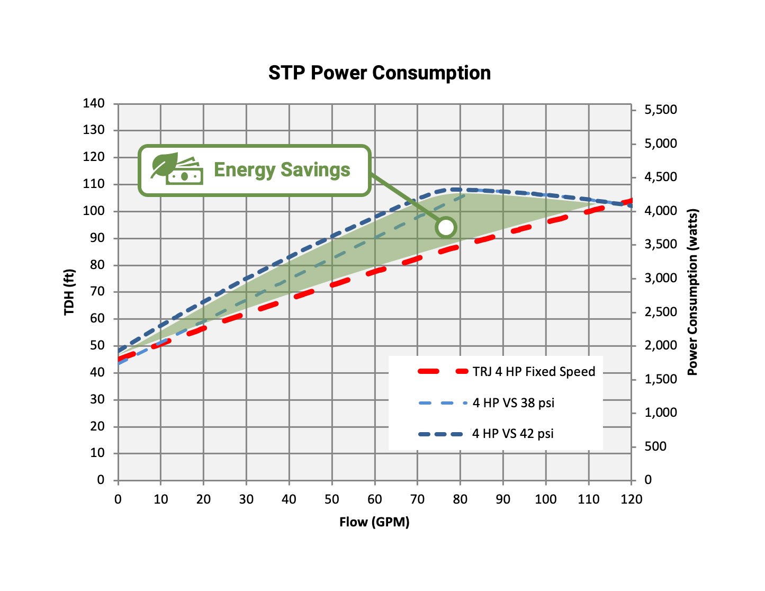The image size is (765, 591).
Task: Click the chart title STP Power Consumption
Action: (379, 73)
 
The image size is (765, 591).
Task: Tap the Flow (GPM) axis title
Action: (374, 522)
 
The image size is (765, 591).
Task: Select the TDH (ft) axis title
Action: (69, 292)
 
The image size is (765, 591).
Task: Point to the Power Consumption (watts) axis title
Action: (692, 292)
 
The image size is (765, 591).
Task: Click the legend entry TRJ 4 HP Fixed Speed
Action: (534, 372)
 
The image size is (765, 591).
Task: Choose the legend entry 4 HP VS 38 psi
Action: (513, 403)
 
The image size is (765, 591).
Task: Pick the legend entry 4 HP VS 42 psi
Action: (512, 434)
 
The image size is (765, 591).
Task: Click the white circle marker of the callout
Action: (446, 227)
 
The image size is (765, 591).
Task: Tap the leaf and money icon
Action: (177, 169)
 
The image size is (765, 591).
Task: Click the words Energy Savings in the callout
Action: (282, 170)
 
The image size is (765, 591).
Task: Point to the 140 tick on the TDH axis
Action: (94, 103)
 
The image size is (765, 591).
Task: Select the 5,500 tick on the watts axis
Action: (660, 110)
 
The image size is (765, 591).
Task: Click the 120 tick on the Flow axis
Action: (631, 499)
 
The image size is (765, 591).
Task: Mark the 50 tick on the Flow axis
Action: (331, 499)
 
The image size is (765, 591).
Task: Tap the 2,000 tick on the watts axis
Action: (660, 345)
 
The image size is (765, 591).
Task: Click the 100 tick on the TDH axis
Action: (94, 211)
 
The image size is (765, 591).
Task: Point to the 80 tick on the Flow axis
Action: (460, 499)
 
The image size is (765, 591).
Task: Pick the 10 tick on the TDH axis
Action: (97, 453)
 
